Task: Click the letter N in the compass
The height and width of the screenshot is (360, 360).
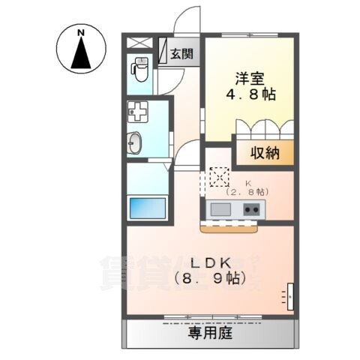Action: [80, 32]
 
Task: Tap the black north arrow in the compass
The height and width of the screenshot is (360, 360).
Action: [80, 53]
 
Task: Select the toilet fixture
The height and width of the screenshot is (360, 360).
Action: [139, 70]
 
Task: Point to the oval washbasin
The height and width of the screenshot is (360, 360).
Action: [136, 143]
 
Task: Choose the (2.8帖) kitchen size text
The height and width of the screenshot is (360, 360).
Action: [248, 192]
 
